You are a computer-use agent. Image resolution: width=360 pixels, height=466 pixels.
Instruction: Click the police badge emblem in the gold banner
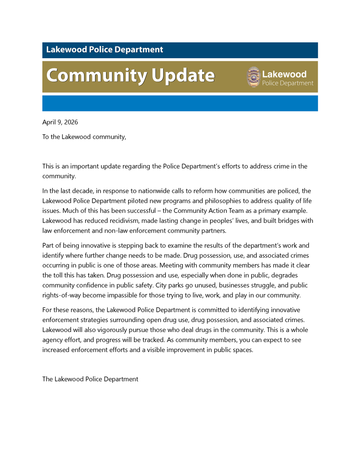254,77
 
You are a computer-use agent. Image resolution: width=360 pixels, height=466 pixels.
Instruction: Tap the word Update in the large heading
183,75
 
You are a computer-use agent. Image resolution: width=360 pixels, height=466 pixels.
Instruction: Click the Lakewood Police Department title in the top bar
104,50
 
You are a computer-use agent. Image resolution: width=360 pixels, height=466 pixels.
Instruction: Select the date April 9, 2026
60,122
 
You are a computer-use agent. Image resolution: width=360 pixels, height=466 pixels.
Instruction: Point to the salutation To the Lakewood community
84,137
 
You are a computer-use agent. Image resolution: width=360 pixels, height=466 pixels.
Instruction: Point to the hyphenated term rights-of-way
62,295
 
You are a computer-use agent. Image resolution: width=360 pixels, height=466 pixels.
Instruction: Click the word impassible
130,295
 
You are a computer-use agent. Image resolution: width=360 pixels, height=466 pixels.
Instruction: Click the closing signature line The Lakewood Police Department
90,379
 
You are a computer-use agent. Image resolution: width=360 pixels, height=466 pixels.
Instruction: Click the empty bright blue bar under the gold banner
180,103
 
